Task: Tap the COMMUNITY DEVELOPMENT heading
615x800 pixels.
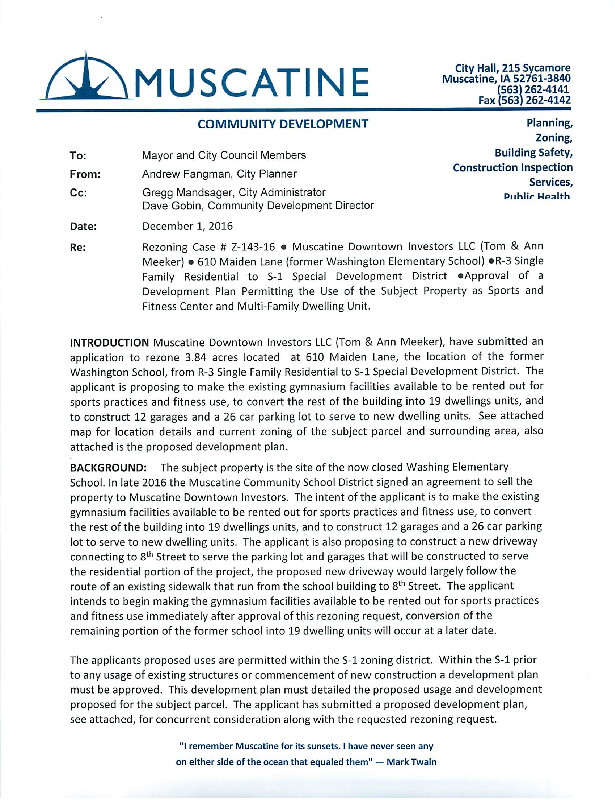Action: coord(282,124)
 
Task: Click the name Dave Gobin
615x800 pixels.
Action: coord(172,205)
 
